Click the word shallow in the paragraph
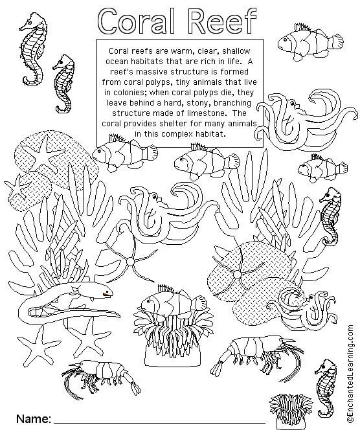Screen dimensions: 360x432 [236, 51]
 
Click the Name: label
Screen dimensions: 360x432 [34, 418]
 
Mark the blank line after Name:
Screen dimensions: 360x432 [160, 422]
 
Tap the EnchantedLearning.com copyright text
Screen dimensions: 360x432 [350, 373]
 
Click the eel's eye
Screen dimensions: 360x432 [106, 289]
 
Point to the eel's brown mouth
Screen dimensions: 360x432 [107, 295]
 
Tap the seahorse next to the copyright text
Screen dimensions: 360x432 [326, 388]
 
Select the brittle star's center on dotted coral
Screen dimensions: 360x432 [236, 274]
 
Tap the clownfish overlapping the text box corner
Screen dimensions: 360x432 [124, 153]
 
